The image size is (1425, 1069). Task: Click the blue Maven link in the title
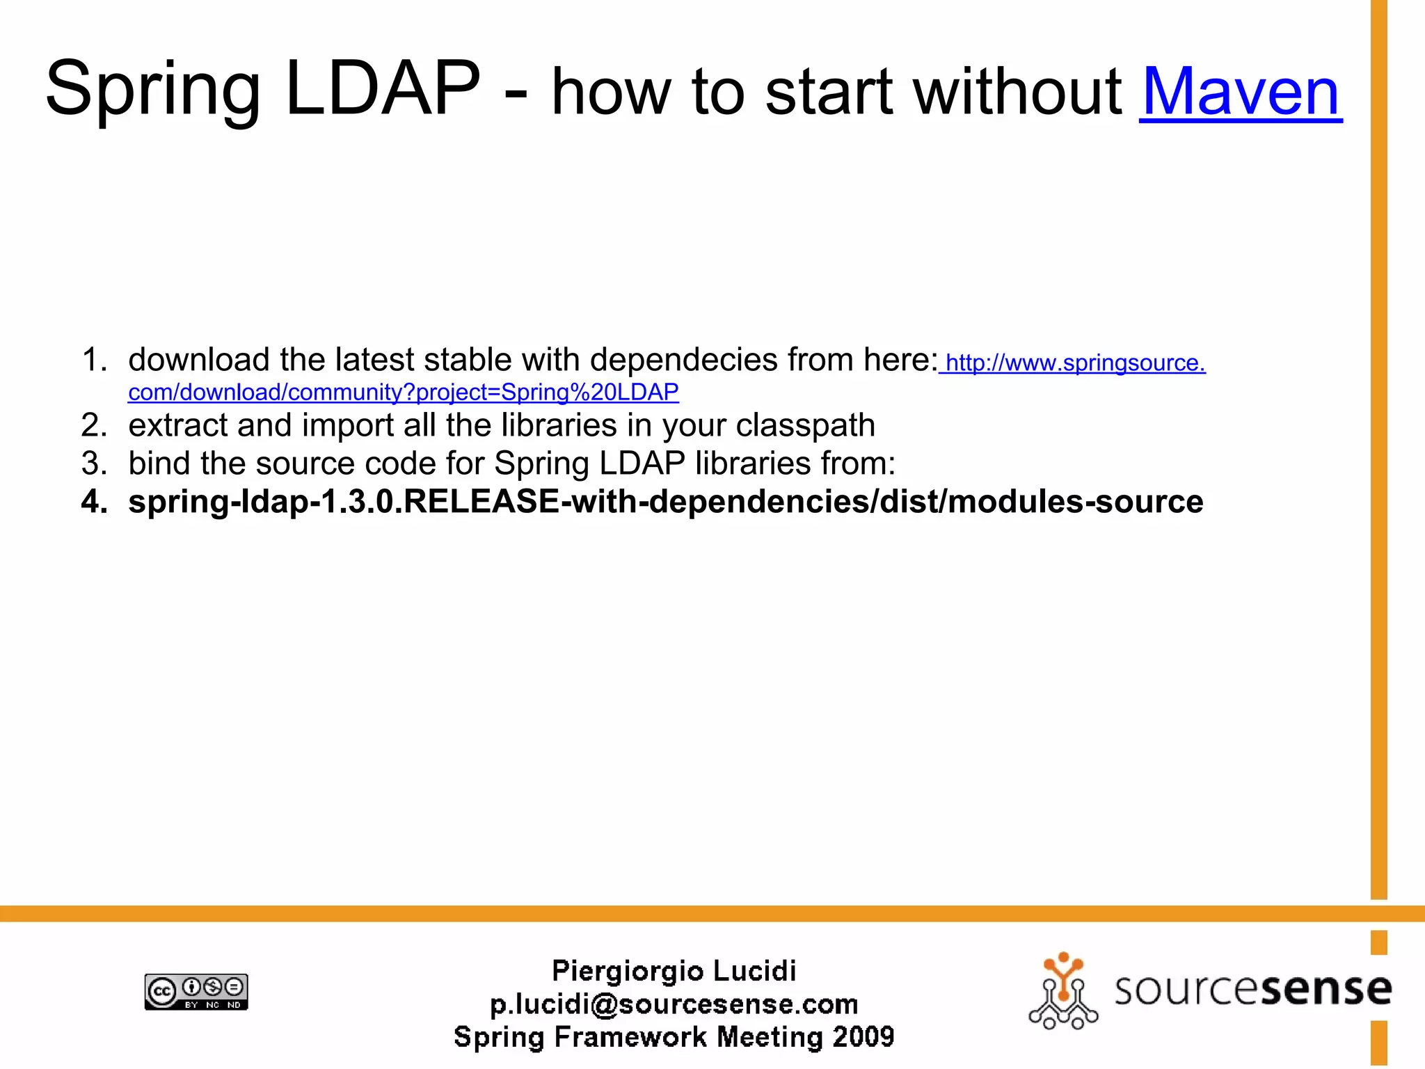tap(1240, 92)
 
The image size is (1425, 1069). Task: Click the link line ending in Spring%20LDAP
tap(404, 393)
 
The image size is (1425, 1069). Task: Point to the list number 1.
tap(94, 361)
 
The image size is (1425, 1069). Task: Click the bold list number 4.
tap(94, 502)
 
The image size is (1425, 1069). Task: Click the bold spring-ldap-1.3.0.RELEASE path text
tap(665, 502)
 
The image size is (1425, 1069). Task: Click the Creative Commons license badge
tap(196, 992)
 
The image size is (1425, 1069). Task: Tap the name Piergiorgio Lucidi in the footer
tap(674, 971)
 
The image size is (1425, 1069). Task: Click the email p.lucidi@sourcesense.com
tap(674, 1004)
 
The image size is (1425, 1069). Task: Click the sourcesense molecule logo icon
tap(1062, 992)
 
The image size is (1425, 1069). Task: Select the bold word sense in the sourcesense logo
tap(1326, 989)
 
